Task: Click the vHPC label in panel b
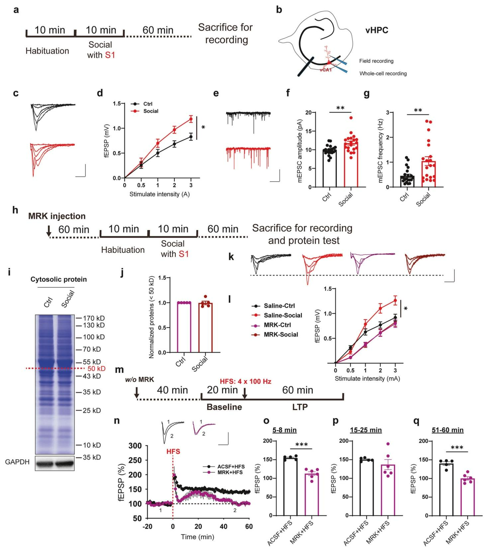click(377, 31)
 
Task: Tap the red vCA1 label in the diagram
click(326, 70)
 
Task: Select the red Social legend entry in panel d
click(150, 111)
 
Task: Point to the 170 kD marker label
click(94, 318)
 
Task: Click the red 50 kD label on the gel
click(96, 369)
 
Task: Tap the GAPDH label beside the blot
click(17, 462)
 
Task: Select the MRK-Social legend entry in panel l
click(281, 334)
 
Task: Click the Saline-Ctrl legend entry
click(279, 306)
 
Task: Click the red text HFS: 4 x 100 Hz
click(245, 381)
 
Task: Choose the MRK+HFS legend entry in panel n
click(230, 472)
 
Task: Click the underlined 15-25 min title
click(366, 430)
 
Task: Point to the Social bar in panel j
click(205, 327)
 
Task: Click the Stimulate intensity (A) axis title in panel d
click(159, 194)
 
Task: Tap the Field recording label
click(376, 61)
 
